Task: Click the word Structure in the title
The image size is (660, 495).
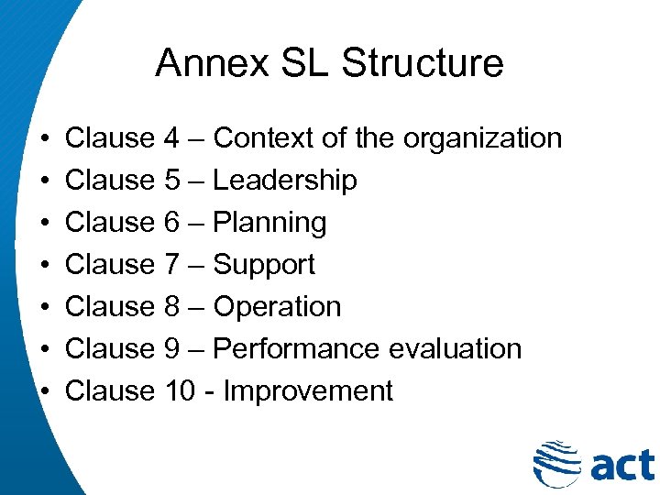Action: [x=423, y=63]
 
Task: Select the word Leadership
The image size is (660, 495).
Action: [x=284, y=181]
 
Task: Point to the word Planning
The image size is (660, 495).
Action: [x=269, y=223]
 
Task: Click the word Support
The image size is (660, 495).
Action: [x=263, y=265]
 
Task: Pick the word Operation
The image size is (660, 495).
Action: [x=276, y=307]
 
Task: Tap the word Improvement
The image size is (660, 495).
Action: [x=308, y=391]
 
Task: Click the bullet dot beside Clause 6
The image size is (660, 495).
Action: [x=45, y=224]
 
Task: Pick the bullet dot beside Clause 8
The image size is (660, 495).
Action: [x=45, y=308]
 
